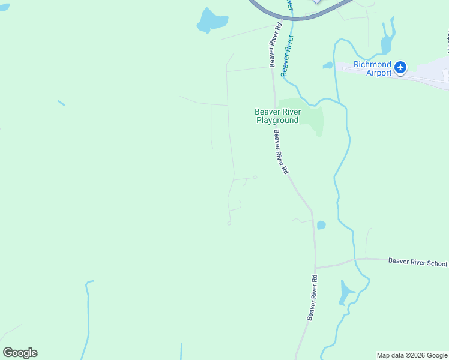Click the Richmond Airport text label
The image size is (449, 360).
pyautogui.click(x=372, y=68)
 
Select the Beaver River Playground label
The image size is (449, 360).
pyautogui.click(x=277, y=116)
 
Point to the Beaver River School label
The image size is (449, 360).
pyautogui.click(x=417, y=262)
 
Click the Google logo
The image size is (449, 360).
pyautogui.click(x=20, y=352)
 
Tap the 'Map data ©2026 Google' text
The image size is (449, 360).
pyautogui.click(x=411, y=355)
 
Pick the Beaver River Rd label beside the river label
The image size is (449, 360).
pyautogui.click(x=275, y=45)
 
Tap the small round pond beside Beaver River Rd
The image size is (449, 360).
pyautogui.click(x=321, y=225)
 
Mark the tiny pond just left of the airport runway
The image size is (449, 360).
pyautogui.click(x=328, y=65)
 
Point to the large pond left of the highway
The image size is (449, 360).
pyautogui.click(x=211, y=21)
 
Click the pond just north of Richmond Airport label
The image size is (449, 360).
pyautogui.click(x=387, y=41)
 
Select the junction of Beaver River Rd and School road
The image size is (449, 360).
pyautogui.click(x=315, y=267)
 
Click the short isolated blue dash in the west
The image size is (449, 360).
pyautogui.click(x=61, y=103)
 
